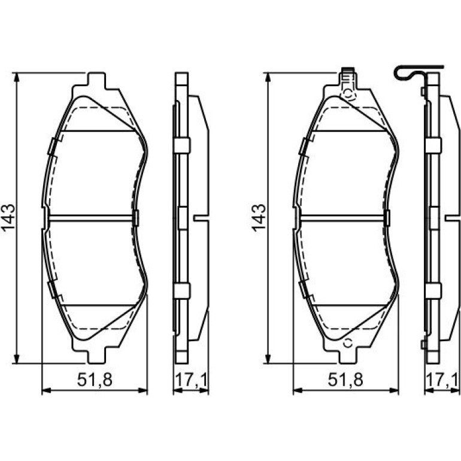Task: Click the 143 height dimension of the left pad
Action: coord(8,218)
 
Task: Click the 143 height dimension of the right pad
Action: coord(259,218)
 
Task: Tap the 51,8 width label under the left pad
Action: coord(95,380)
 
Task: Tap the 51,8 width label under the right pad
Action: coord(346,380)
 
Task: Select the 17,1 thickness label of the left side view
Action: coord(191,380)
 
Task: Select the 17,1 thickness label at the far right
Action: coord(442,380)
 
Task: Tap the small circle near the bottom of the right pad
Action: coord(348,343)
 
